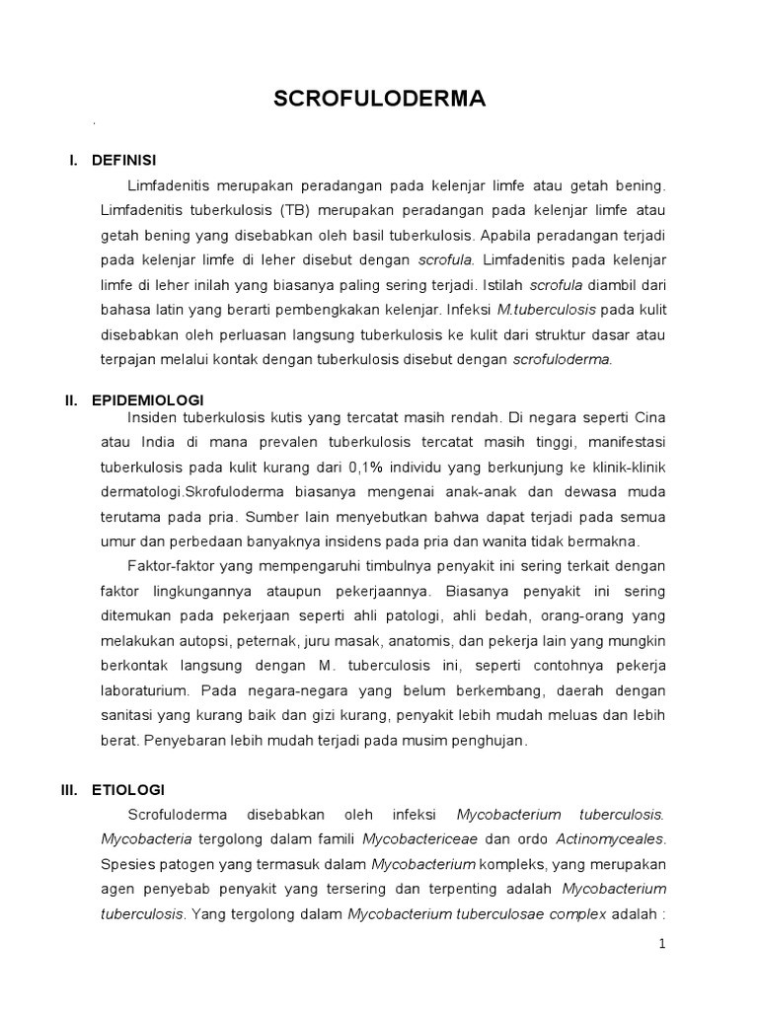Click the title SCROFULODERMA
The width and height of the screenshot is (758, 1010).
click(x=380, y=100)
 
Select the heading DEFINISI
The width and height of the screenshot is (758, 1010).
click(x=123, y=160)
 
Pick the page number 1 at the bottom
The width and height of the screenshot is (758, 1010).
click(x=663, y=944)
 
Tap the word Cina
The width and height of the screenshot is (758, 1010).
click(x=646, y=416)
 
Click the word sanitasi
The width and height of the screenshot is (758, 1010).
click(x=127, y=715)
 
